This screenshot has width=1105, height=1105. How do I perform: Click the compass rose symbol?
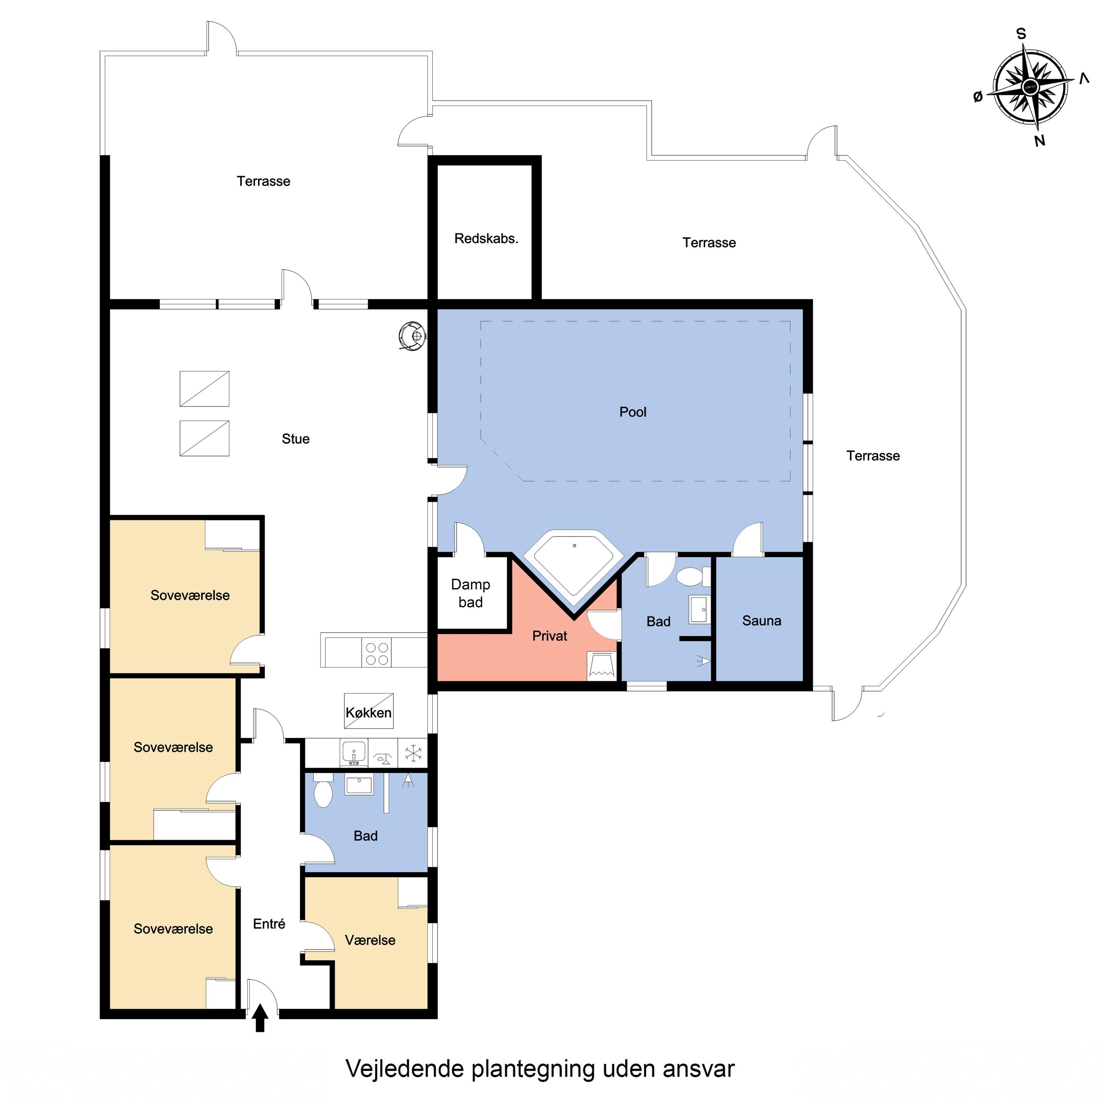click(x=1030, y=87)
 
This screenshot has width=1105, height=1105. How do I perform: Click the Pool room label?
click(x=633, y=412)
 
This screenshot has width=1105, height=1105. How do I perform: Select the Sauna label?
click(x=761, y=621)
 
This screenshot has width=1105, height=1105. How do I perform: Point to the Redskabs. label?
click(x=486, y=238)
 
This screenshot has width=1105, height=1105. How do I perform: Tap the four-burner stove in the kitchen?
click(x=377, y=653)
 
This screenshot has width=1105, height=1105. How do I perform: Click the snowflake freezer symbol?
click(x=413, y=753)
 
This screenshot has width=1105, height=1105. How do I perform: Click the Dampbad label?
click(x=471, y=593)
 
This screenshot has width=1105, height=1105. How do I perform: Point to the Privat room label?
click(x=550, y=636)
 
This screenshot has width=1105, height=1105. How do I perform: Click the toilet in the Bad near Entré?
click(x=323, y=790)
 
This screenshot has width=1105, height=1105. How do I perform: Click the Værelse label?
click(x=370, y=940)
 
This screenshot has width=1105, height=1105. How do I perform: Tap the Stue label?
click(x=296, y=439)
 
